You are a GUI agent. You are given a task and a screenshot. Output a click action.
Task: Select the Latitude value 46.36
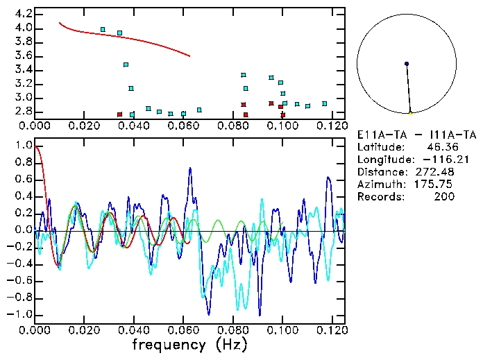click(441, 147)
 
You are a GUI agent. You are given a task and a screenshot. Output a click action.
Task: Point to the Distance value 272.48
click(438, 172)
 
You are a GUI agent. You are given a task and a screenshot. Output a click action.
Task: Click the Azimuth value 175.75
click(438, 185)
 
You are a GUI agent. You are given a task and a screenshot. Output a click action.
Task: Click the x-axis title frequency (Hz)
click(189, 345)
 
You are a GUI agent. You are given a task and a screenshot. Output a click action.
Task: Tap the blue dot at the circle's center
click(407, 64)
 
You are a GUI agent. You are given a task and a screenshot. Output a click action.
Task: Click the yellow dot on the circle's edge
click(410, 112)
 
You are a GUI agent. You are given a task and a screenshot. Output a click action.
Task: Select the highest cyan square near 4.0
click(103, 30)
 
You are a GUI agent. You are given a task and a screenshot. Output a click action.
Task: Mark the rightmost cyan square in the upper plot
click(324, 103)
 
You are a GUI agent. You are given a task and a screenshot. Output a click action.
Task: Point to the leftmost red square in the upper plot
click(119, 114)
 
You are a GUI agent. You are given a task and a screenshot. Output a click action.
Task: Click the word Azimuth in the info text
click(379, 185)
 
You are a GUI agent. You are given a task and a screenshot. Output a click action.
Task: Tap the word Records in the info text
click(379, 197)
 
